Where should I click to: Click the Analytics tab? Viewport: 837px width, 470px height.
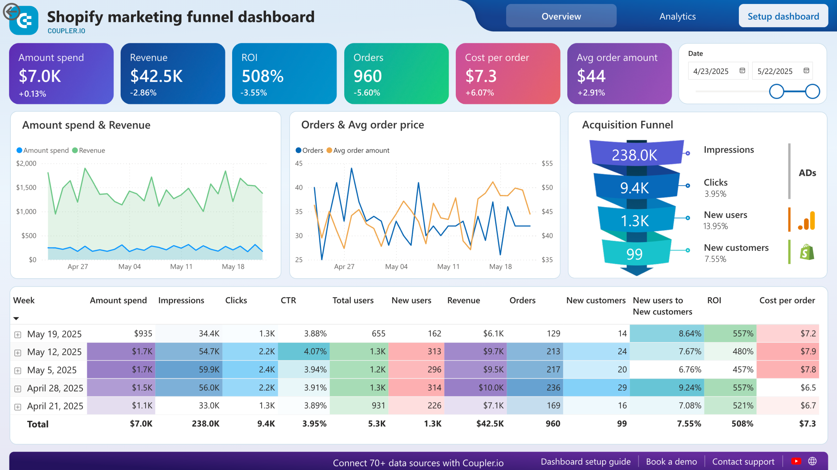click(677, 16)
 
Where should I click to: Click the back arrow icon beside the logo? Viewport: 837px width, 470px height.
click(11, 12)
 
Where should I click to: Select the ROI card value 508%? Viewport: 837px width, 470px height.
click(263, 76)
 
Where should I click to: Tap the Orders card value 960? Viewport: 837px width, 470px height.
click(367, 76)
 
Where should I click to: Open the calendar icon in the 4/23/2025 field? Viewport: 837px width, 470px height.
click(742, 71)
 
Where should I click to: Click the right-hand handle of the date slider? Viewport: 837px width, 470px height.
click(812, 91)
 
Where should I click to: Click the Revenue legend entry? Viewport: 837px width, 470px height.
click(89, 150)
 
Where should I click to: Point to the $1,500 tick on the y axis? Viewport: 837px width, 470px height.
click(26, 188)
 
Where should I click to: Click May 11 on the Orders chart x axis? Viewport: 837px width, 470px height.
click(448, 267)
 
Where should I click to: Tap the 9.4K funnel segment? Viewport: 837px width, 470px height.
click(634, 188)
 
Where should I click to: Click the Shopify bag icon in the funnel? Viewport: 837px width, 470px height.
click(807, 252)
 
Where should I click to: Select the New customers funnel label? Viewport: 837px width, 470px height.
click(736, 248)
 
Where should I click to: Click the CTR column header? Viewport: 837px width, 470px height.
click(288, 300)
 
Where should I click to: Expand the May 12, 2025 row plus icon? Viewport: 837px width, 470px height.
click(18, 353)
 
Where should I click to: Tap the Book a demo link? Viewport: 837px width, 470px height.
click(671, 461)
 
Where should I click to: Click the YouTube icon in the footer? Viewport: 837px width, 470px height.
click(796, 461)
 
